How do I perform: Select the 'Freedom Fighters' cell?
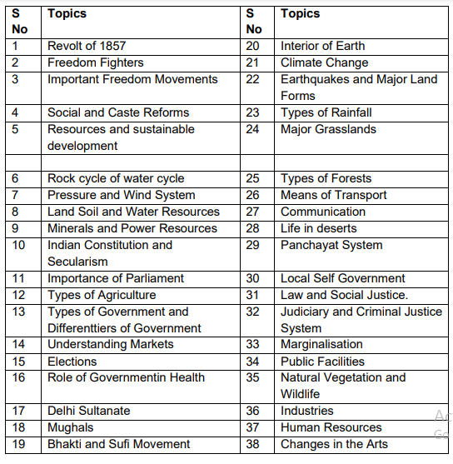tap(95, 62)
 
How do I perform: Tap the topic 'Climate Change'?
tap(324, 62)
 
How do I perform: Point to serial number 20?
tap(253, 46)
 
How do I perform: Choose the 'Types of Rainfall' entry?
tap(326, 112)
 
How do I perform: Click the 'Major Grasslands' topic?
tap(328, 129)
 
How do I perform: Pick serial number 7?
tap(16, 195)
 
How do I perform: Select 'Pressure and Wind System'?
tap(121, 195)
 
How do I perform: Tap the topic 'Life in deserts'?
tap(318, 228)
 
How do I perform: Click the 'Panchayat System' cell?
tap(331, 245)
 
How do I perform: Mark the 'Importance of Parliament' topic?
tap(116, 278)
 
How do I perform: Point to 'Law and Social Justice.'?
tap(344, 295)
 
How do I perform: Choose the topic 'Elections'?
tap(72, 362)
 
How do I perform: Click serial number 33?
tap(253, 344)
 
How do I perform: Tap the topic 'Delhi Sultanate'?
tap(88, 411)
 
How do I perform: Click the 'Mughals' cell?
tap(72, 427)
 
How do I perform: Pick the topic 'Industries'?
tap(307, 411)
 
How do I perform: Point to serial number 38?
tap(253, 444)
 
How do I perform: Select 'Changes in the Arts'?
tap(334, 444)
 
